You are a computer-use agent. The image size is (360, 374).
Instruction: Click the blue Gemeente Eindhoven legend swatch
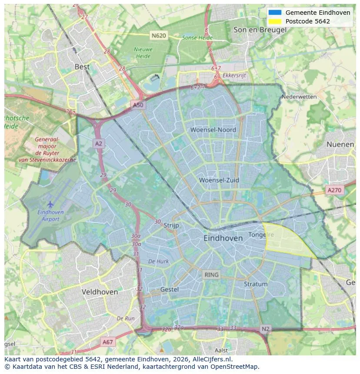pyautogui.click(x=275, y=13)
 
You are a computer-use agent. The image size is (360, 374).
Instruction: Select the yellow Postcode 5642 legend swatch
pyautogui.click(x=275, y=21)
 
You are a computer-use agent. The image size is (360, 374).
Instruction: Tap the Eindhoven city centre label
pyautogui.click(x=223, y=238)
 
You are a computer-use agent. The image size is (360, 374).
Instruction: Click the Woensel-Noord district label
pyautogui.click(x=213, y=129)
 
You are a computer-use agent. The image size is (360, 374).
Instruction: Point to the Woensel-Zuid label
pyautogui.click(x=219, y=180)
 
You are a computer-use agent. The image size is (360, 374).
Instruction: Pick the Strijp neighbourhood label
pyautogui.click(x=171, y=225)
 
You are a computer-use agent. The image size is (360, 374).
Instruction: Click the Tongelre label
pyautogui.click(x=261, y=235)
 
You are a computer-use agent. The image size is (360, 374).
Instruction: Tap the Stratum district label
pyautogui.click(x=256, y=284)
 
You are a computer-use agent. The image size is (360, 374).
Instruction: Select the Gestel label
pyautogui.click(x=169, y=289)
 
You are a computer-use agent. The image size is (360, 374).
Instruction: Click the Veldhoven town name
pyautogui.click(x=100, y=292)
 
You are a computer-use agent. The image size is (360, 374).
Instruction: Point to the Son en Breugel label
pyautogui.click(x=260, y=30)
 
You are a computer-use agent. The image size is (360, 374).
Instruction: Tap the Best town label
pyautogui.click(x=82, y=66)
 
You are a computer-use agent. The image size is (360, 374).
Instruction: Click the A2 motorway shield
pyautogui.click(x=99, y=143)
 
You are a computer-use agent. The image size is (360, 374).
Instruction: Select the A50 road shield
pyautogui.click(x=138, y=105)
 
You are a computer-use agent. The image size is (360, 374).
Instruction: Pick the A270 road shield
pyautogui.click(x=334, y=190)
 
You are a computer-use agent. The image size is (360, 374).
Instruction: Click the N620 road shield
pyautogui.click(x=159, y=35)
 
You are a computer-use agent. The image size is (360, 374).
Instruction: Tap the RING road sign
pyautogui.click(x=211, y=275)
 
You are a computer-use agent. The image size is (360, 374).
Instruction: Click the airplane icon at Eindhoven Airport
pyautogui.click(x=50, y=204)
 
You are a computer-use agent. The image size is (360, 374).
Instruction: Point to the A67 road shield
pyautogui.click(x=107, y=342)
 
